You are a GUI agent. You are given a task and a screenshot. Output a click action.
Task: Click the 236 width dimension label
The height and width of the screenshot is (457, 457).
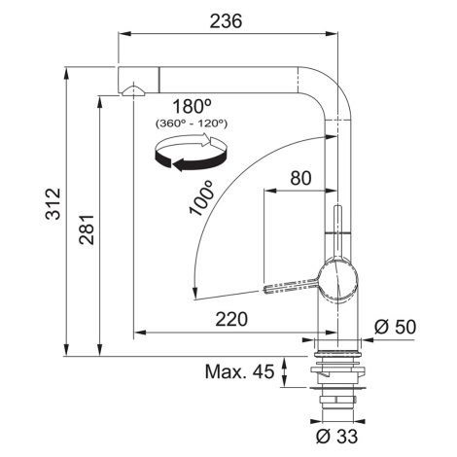point(226,21)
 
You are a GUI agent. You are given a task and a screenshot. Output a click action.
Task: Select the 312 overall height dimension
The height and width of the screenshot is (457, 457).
point(53,204)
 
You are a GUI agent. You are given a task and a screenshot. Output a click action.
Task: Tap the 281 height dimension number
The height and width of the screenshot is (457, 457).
point(87,229)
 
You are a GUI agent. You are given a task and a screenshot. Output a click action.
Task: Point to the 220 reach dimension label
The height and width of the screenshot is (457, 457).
point(231,319)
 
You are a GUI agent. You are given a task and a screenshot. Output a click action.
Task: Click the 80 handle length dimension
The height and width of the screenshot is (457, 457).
point(300,178)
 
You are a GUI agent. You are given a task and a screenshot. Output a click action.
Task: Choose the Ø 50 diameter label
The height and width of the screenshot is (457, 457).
point(395,327)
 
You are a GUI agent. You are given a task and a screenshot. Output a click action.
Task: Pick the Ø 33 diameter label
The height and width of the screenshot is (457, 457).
point(336,437)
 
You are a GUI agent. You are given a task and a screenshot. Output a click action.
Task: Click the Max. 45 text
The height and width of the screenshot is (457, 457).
point(239,371)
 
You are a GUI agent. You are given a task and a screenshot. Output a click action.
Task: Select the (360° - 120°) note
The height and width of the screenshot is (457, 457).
point(192,123)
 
